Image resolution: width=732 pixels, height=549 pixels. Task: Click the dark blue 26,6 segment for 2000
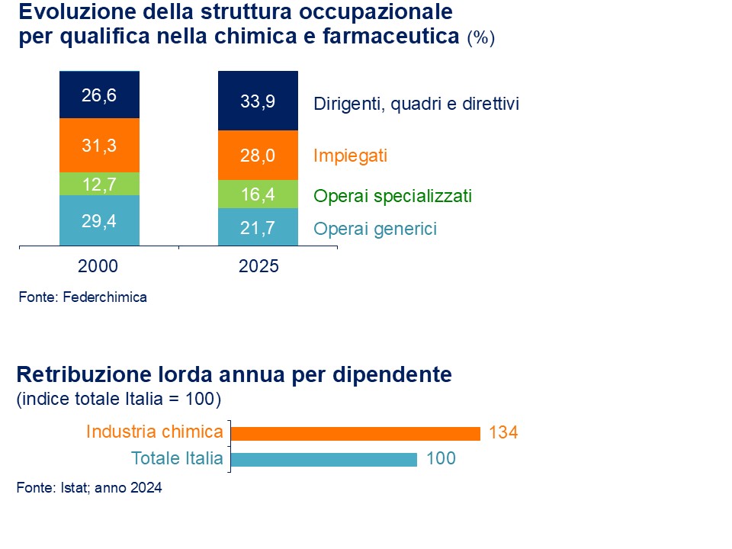(x=99, y=95)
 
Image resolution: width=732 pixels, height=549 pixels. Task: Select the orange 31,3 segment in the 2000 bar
(x=99, y=146)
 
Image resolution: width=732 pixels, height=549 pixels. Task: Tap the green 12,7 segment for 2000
(x=99, y=184)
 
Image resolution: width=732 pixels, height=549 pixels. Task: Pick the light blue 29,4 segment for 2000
(x=99, y=220)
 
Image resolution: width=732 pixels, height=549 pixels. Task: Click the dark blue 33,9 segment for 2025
(x=258, y=101)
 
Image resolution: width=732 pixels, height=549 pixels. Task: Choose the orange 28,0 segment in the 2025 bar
(x=258, y=156)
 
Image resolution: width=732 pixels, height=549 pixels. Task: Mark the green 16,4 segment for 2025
(x=258, y=194)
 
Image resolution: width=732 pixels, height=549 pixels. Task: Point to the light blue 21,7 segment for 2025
(x=258, y=227)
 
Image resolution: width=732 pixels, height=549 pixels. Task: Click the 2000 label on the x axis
(x=98, y=267)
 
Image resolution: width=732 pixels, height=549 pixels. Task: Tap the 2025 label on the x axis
(x=258, y=267)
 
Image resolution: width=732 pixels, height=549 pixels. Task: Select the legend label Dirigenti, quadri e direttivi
(x=416, y=104)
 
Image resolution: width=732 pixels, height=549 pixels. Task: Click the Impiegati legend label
(x=351, y=156)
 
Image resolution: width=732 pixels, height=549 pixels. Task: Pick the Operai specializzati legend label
(x=393, y=196)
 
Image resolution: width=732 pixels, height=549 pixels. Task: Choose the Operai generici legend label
(x=375, y=228)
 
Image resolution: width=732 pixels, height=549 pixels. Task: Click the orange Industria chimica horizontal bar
(x=355, y=433)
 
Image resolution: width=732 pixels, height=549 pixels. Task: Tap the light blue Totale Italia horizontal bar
(x=324, y=459)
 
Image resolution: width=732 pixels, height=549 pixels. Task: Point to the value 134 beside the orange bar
(x=503, y=433)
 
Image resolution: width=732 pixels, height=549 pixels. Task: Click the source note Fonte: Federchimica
(x=82, y=297)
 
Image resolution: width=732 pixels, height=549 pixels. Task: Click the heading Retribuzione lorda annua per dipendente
(x=234, y=375)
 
